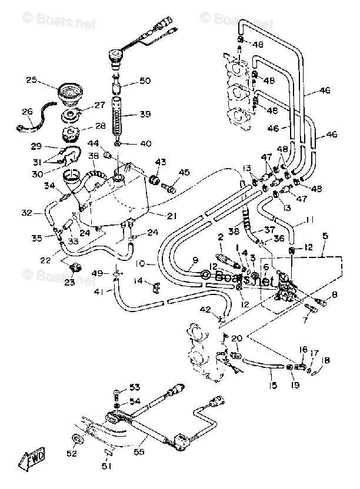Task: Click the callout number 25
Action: (x=31, y=80)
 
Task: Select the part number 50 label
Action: (x=145, y=81)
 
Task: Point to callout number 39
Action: (x=145, y=114)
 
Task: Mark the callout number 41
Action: (x=98, y=292)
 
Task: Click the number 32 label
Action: (x=26, y=213)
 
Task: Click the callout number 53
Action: (x=135, y=387)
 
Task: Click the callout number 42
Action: (x=205, y=310)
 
